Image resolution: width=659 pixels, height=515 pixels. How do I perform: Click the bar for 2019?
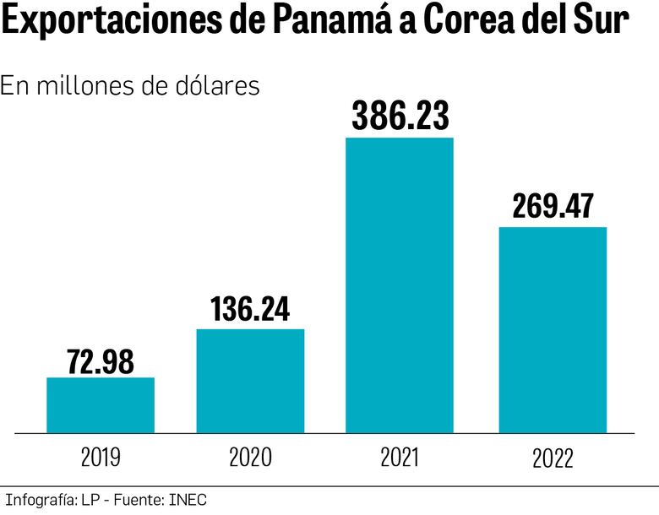point(101,405)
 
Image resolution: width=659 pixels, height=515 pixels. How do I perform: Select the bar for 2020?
point(250,381)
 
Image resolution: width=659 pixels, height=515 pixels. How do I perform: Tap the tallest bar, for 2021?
point(400,285)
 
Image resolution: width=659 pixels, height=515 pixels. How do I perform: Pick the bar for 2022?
point(553,330)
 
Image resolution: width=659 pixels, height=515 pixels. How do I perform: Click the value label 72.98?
point(101,361)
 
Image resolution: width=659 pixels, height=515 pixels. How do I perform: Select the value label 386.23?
point(400,117)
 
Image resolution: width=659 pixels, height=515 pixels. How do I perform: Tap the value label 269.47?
point(553,207)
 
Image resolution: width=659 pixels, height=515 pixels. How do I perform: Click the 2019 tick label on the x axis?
point(101,458)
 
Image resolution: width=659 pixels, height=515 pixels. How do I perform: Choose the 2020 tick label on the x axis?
point(250,458)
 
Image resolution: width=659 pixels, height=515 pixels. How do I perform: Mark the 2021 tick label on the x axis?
point(400,458)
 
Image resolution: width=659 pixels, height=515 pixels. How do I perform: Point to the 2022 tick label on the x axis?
point(553,458)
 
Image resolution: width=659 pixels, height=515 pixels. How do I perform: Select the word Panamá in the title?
point(337,23)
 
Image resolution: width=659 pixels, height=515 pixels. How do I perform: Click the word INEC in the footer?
point(187,500)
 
